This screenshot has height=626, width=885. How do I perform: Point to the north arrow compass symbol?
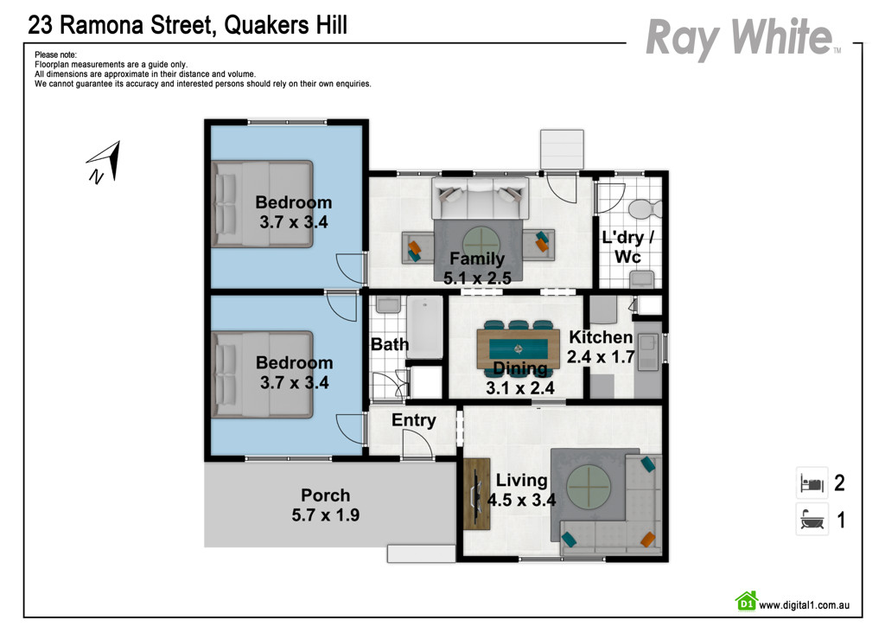click(105, 163)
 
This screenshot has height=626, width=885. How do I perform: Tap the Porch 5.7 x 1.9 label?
click(325, 506)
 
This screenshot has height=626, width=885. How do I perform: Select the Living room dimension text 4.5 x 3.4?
click(521, 499)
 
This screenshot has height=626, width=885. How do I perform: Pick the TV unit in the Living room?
click(476, 494)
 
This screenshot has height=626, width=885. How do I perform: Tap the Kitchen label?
click(601, 337)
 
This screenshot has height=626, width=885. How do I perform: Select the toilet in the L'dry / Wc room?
click(645, 208)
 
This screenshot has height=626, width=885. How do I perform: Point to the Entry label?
click(413, 420)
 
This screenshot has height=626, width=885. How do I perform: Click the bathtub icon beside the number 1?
click(811, 520)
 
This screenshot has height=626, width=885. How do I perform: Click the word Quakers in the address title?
click(262, 25)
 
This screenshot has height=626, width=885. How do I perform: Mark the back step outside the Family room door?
click(562, 149)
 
